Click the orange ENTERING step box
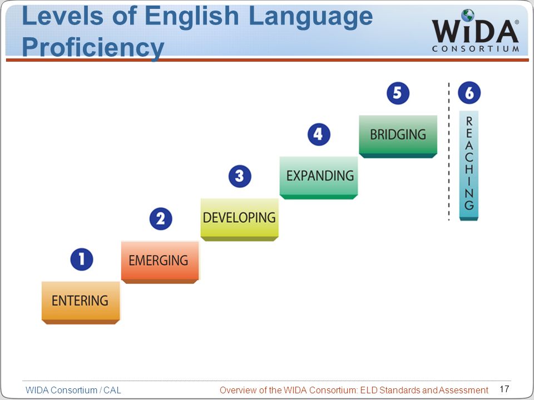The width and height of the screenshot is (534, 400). click(x=81, y=303)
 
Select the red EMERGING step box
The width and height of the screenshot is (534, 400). click(x=160, y=262)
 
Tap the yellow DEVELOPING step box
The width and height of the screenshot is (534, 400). click(x=239, y=220)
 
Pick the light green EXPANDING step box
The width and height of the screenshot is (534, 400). click(x=319, y=178)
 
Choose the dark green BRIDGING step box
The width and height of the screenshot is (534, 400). click(x=398, y=137)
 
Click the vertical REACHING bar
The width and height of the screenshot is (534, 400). click(x=469, y=166)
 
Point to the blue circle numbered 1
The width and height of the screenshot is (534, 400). click(x=82, y=259)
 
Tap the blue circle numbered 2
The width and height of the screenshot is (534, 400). click(x=161, y=219)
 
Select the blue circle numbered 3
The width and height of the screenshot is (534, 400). click(x=240, y=176)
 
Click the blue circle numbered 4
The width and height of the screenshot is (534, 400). click(x=319, y=134)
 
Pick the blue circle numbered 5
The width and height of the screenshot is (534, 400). click(x=398, y=93)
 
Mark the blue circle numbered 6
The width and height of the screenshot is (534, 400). click(x=469, y=93)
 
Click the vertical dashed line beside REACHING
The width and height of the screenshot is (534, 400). click(x=449, y=151)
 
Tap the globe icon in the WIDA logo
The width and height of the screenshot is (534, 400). click(x=468, y=16)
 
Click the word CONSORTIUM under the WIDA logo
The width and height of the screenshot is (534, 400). click(x=476, y=49)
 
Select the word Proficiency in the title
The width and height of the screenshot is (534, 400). click(x=93, y=47)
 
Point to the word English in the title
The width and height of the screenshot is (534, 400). click(x=191, y=16)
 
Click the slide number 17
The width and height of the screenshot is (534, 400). click(x=505, y=389)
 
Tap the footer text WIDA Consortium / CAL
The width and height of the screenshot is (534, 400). click(x=73, y=390)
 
